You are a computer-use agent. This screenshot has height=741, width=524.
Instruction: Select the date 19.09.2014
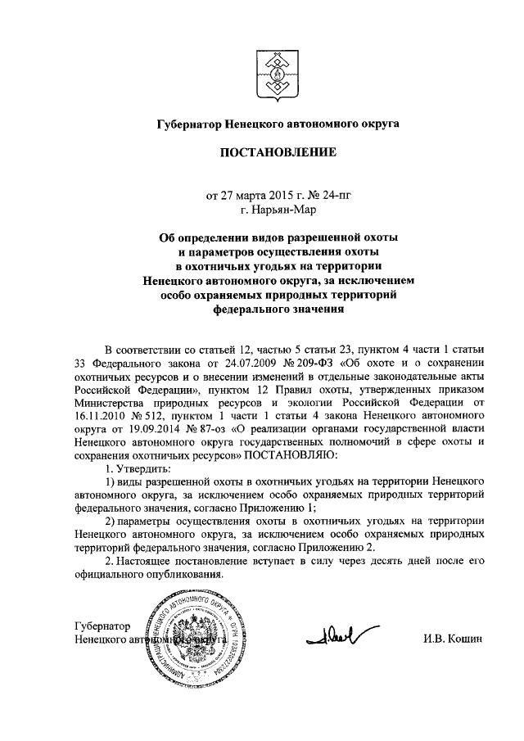[x=134, y=429]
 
